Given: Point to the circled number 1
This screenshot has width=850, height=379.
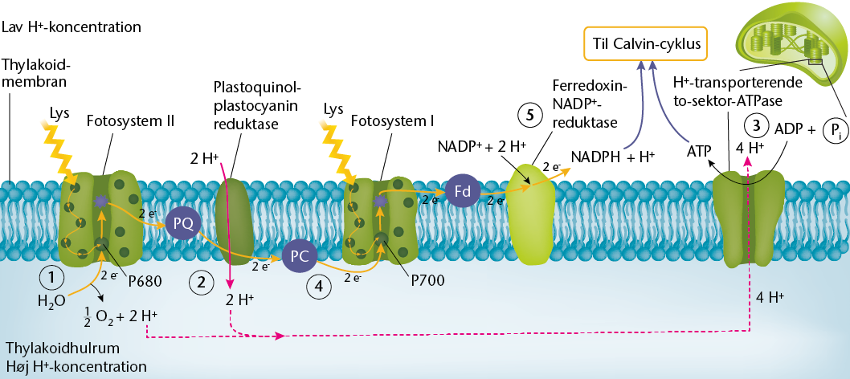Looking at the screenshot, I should coord(51,278).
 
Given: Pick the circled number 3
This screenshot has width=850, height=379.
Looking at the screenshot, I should coord(757,125).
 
